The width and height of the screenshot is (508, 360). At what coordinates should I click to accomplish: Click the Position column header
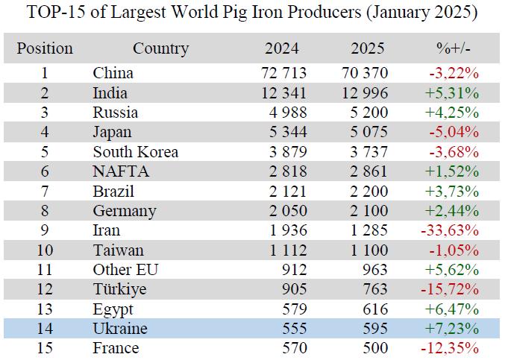click(45, 49)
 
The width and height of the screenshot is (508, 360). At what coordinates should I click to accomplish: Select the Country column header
click(160, 49)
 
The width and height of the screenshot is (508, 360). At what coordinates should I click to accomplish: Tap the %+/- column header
click(454, 49)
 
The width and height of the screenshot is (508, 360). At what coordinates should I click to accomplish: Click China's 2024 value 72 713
click(281, 73)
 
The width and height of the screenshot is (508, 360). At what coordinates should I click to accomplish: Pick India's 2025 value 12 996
click(367, 93)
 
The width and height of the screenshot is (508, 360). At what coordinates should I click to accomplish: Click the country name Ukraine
click(120, 329)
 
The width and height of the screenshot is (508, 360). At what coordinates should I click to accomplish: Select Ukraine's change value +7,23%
click(453, 329)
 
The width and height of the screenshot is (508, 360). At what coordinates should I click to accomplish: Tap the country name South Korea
click(135, 152)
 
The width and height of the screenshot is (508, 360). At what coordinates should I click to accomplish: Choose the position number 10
click(45, 250)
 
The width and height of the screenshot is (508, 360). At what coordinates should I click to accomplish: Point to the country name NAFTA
click(121, 171)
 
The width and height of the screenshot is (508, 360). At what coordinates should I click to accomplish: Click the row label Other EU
click(125, 270)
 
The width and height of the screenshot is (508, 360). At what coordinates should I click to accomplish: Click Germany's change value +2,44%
click(453, 211)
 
